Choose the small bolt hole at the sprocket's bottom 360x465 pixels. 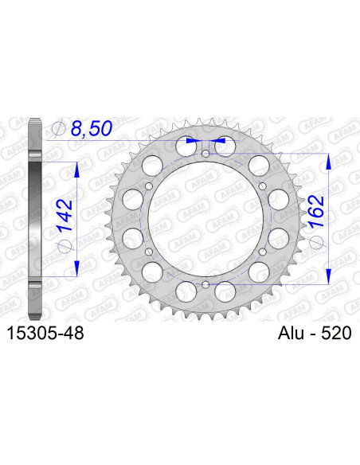(205, 284)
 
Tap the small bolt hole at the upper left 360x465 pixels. (149, 186)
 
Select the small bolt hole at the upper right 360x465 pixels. (262, 186)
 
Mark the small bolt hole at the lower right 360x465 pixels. (262, 252)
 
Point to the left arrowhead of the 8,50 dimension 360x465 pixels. (190, 140)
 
